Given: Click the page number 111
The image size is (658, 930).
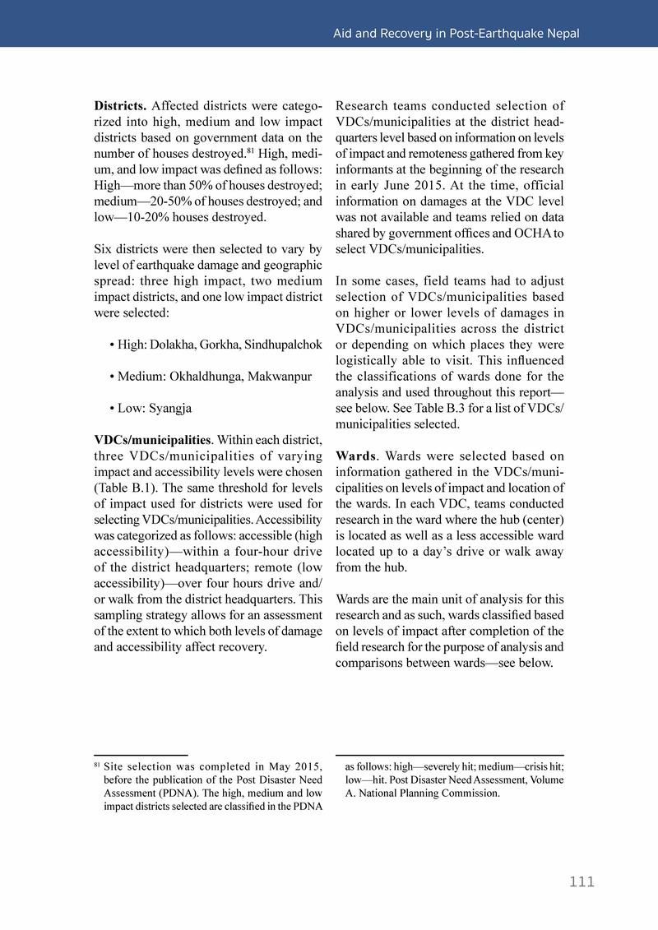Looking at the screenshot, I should tap(582, 882).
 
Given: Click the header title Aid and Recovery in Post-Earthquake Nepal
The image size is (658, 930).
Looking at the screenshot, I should tap(456, 34).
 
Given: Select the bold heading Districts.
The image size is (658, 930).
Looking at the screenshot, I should tap(120, 106).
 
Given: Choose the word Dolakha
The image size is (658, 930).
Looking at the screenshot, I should tap(174, 345).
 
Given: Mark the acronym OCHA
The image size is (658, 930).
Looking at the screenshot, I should tap(531, 234).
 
